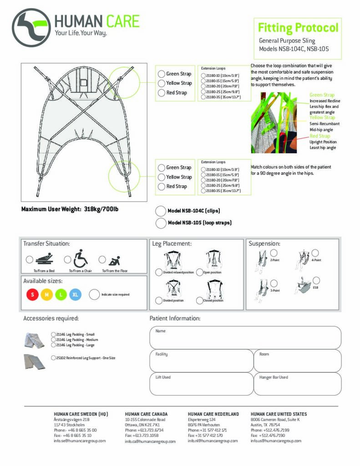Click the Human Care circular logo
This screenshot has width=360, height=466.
point(31,28)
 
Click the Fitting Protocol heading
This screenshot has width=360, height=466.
point(298,27)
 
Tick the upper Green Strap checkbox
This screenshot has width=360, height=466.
point(161,74)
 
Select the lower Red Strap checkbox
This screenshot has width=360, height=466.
point(161,187)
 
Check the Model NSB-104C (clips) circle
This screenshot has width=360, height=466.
point(161,211)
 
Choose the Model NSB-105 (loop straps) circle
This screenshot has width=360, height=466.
point(161,223)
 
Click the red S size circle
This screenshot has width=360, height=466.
point(32,294)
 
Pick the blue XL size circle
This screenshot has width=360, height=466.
point(76,294)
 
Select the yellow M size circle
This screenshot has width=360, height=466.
point(46,294)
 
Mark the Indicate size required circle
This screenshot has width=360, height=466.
point(95,294)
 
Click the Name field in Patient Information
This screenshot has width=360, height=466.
point(245,337)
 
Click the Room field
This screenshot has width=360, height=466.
point(297,360)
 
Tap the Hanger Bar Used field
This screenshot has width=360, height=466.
point(297,384)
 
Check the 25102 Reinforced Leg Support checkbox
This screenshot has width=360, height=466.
point(54,358)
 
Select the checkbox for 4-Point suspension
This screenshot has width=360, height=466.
point(315,253)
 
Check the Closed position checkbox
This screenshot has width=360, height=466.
point(199,300)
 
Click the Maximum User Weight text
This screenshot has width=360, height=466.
point(70,210)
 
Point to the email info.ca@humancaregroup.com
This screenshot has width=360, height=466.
point(150,441)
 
